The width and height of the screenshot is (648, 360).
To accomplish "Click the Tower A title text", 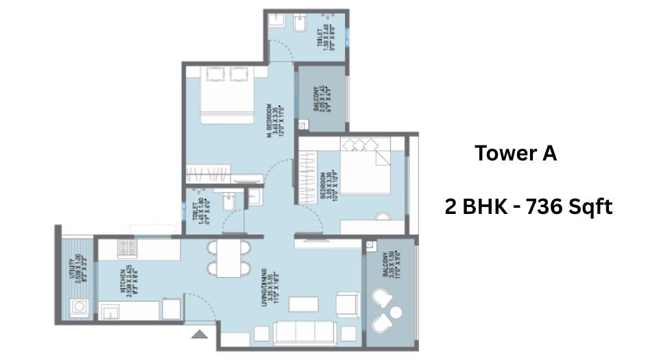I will [x=516, y=154].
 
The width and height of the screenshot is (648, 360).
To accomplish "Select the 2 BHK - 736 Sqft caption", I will [x=527, y=206].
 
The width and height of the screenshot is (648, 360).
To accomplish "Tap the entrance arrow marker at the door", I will [x=199, y=335].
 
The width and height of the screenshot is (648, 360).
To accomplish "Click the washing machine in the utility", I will [x=77, y=308].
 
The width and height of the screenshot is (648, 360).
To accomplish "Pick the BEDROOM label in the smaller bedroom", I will [x=327, y=184].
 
